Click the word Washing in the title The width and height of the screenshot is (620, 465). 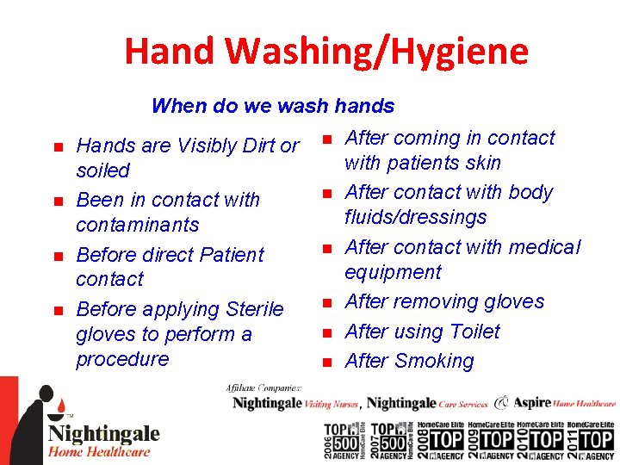[288, 52]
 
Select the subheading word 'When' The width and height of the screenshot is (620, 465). [178, 106]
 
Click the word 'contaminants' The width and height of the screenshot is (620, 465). [137, 225]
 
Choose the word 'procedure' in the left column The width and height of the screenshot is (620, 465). [122, 359]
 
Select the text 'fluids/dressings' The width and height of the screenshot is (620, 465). [415, 217]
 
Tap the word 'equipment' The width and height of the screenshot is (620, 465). [393, 272]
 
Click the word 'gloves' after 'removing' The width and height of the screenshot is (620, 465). [514, 301]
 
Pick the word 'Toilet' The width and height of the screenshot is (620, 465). [469, 332]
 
